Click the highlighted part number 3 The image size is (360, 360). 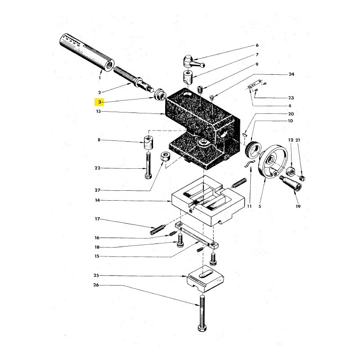[99, 102]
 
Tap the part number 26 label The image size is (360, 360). [96, 285]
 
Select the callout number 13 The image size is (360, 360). [98, 111]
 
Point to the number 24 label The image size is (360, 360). [291, 74]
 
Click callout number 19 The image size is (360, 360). [298, 207]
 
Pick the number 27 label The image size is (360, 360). [98, 190]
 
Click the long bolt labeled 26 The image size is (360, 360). [202, 313]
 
